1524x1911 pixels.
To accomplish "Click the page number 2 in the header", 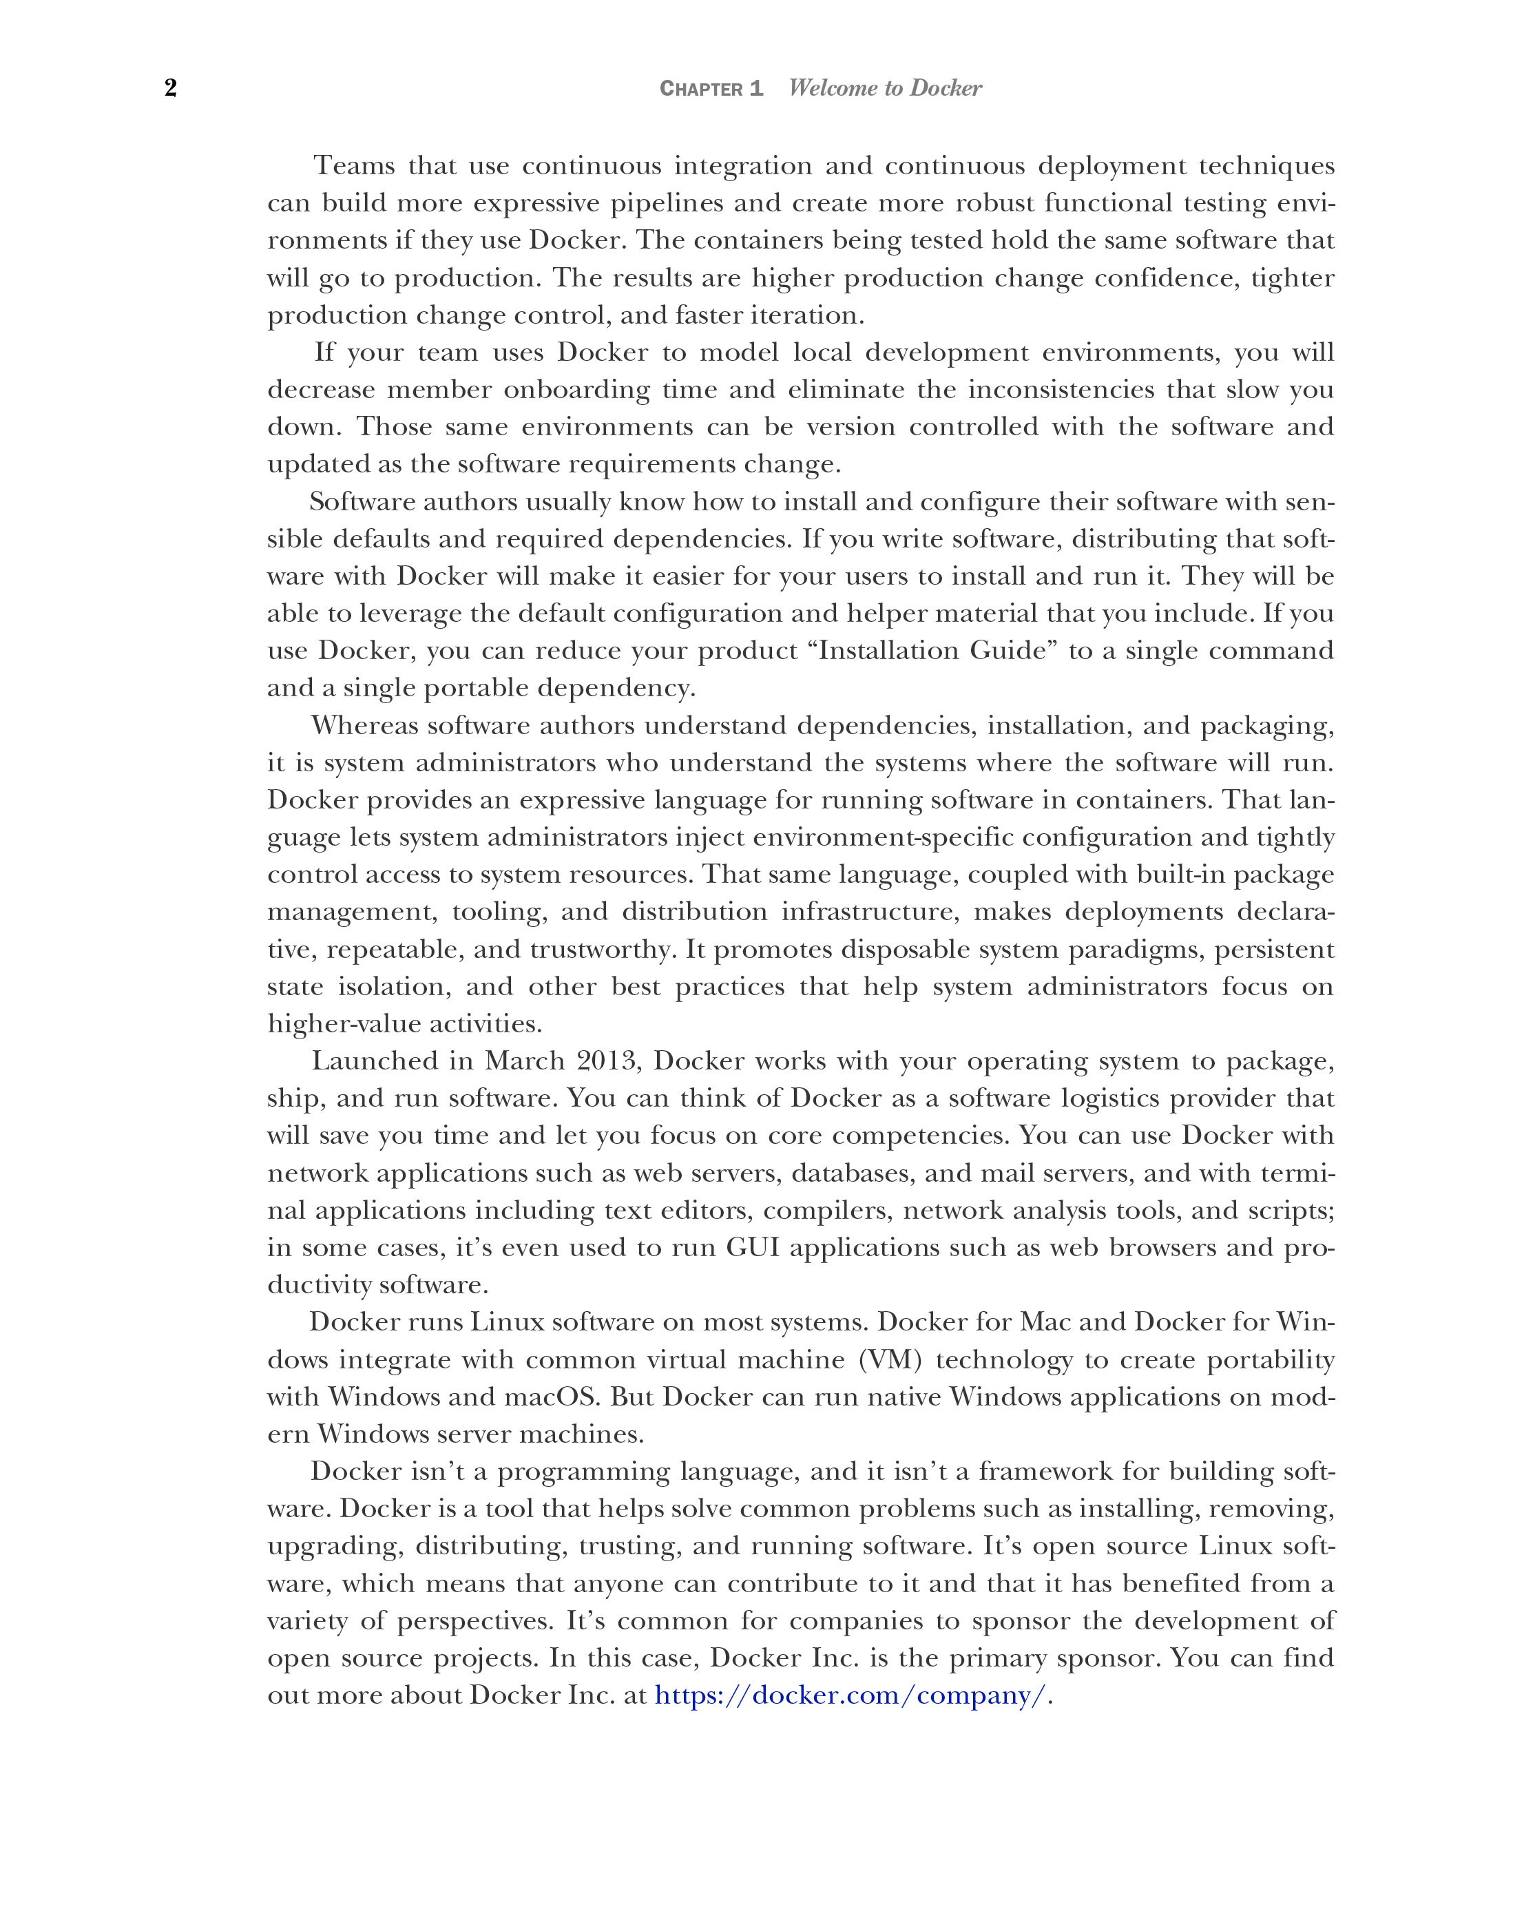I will click(x=171, y=87).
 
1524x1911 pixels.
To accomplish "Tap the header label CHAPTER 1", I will click(x=711, y=89).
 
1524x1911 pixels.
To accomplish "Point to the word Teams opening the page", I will click(x=355, y=166).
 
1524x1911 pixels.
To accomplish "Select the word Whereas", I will click(x=364, y=725).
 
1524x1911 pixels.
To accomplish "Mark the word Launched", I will click(x=373, y=1061).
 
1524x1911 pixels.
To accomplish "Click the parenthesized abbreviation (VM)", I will click(x=891, y=1359).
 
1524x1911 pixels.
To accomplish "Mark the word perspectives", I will click(x=474, y=1620).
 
